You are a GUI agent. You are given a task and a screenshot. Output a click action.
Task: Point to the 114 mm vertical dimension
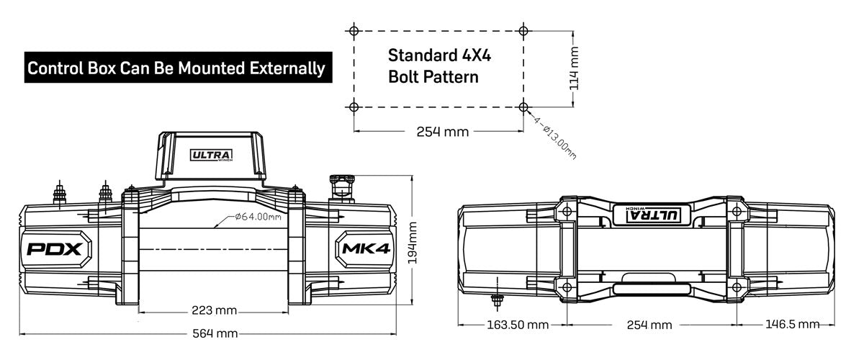click(573, 68)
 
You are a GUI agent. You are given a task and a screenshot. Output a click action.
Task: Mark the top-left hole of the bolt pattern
click(353, 31)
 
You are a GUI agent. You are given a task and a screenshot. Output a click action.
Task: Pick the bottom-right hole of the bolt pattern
click(523, 107)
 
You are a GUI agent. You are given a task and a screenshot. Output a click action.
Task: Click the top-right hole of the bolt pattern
click(523, 31)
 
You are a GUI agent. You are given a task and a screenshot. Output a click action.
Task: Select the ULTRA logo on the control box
click(212, 155)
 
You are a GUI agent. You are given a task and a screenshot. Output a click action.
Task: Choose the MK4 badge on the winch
click(363, 249)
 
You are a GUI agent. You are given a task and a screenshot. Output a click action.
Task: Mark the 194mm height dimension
click(412, 243)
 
